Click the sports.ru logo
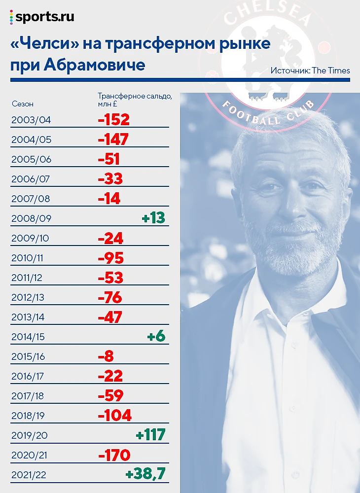[x=42, y=17]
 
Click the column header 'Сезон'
[x=22, y=104]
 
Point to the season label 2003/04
[x=31, y=120]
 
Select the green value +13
[x=153, y=218]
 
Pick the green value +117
[x=150, y=435]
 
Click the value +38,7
[x=145, y=474]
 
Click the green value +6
[x=156, y=336]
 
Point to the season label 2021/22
[x=31, y=475]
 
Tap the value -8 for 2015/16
[x=106, y=356]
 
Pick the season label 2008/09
[x=31, y=218]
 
